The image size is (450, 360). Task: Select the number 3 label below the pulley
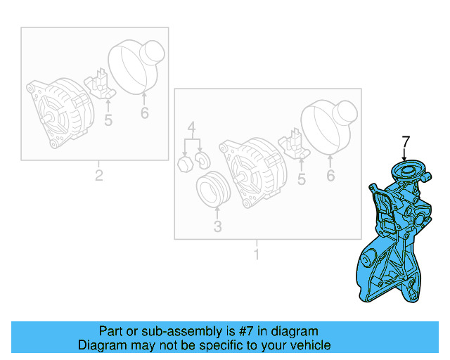tap(217, 226)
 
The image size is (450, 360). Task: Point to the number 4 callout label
tap(191, 128)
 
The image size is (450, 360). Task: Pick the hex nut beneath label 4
tap(185, 164)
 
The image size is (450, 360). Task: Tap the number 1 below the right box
tap(256, 254)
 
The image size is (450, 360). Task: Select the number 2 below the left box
tap(99, 175)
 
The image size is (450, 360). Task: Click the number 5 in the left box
tap(108, 120)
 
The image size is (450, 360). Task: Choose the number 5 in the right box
tap(301, 180)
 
